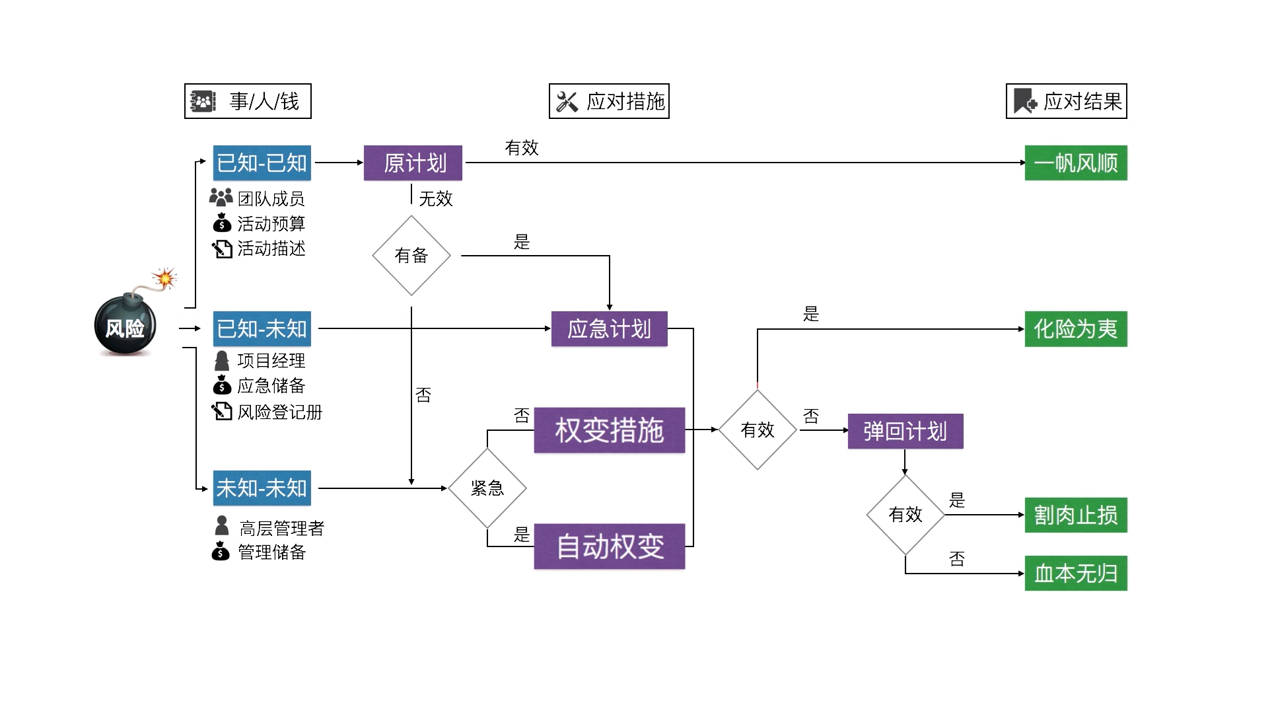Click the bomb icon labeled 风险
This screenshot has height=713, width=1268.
point(125,325)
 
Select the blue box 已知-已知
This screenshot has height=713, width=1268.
point(262,163)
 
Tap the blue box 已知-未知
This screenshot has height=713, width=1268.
point(262,328)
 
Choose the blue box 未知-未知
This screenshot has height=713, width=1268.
point(262,488)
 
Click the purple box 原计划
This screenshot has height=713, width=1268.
point(413,163)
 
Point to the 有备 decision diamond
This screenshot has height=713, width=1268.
point(411,255)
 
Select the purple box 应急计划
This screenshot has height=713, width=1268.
point(609,328)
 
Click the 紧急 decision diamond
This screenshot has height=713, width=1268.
point(487,488)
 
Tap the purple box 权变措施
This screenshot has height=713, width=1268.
point(609,430)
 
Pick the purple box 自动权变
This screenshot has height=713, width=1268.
point(609,546)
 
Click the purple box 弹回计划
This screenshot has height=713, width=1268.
point(905,431)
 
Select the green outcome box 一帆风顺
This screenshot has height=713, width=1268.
point(1075,163)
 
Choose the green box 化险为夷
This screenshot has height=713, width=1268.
point(1075,328)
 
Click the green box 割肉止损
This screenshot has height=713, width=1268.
point(1075,515)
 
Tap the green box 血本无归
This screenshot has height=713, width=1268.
point(1075,573)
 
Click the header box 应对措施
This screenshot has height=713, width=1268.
point(609,101)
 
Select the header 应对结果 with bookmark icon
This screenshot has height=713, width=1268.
point(1066,101)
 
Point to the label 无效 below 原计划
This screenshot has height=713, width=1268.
point(435,198)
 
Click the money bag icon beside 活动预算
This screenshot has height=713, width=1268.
point(222,223)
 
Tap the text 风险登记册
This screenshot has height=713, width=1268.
point(279,412)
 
